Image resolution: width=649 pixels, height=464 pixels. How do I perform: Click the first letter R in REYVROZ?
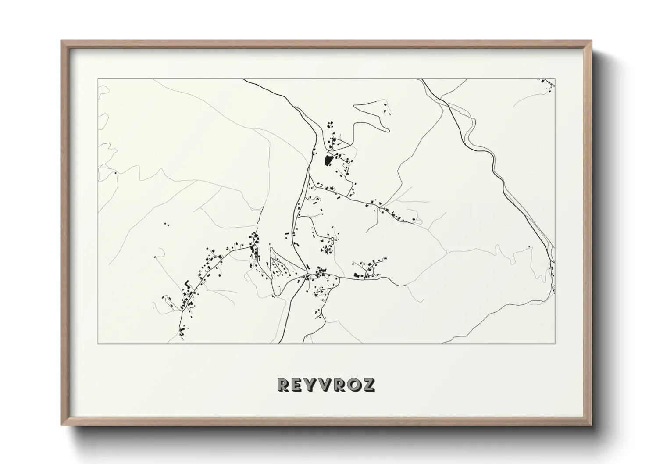pyautogui.click(x=283, y=385)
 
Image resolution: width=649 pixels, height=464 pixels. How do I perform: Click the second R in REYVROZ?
pyautogui.click(x=339, y=385)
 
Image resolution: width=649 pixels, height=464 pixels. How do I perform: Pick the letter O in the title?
pyautogui.click(x=353, y=385)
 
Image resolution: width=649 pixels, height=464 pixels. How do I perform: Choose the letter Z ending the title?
pyautogui.click(x=368, y=385)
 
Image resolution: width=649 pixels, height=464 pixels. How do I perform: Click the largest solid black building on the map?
pyautogui.click(x=327, y=160)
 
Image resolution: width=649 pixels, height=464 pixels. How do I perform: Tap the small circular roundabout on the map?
pyautogui.click(x=332, y=239)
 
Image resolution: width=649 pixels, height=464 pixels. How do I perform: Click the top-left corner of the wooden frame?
pyautogui.click(x=61, y=41)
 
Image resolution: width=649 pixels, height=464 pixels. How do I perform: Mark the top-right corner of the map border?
pyautogui.click(x=555, y=79)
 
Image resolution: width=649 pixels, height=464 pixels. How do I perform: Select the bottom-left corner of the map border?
pyautogui.click(x=98, y=343)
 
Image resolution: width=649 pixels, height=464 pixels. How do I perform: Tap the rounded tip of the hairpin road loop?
pyautogui.click(x=388, y=129)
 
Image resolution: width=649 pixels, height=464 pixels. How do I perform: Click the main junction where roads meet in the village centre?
pyautogui.click(x=307, y=275)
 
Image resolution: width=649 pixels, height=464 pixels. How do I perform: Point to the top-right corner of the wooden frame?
pyautogui.click(x=592, y=41)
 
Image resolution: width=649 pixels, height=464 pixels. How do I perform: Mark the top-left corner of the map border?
pyautogui.click(x=98, y=79)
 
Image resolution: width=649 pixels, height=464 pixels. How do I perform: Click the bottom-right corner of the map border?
pyautogui.click(x=555, y=343)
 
